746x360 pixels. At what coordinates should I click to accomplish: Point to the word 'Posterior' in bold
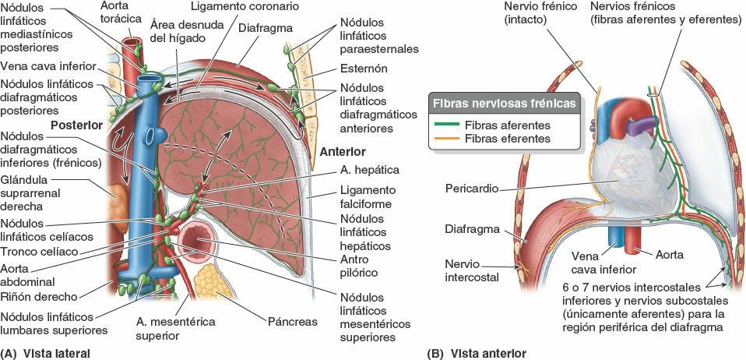(x=76, y=124)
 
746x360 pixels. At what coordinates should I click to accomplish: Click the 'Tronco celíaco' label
(x=37, y=252)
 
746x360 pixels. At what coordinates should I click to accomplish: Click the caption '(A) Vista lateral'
(x=47, y=353)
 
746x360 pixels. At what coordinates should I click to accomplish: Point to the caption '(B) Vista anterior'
(x=477, y=353)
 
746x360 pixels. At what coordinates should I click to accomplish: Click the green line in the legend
(x=446, y=125)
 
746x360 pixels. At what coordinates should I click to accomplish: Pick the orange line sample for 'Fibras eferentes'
(x=446, y=139)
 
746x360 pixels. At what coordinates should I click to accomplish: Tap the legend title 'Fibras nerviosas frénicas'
(x=505, y=104)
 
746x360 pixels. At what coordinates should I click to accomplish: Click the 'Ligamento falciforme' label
(x=368, y=197)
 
